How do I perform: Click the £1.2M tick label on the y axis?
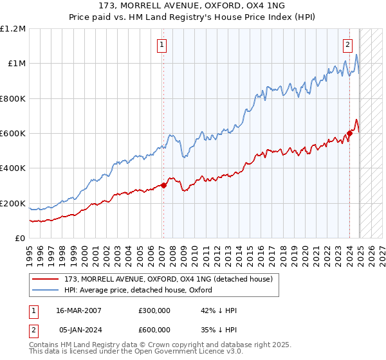(x=13, y=28)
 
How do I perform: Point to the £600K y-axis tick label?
(x=13, y=134)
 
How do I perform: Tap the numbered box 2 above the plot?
(x=347, y=44)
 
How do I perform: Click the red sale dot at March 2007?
(x=163, y=186)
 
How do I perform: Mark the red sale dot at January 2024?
(x=349, y=134)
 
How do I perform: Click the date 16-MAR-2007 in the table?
(x=78, y=310)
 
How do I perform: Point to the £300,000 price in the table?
(x=154, y=310)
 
